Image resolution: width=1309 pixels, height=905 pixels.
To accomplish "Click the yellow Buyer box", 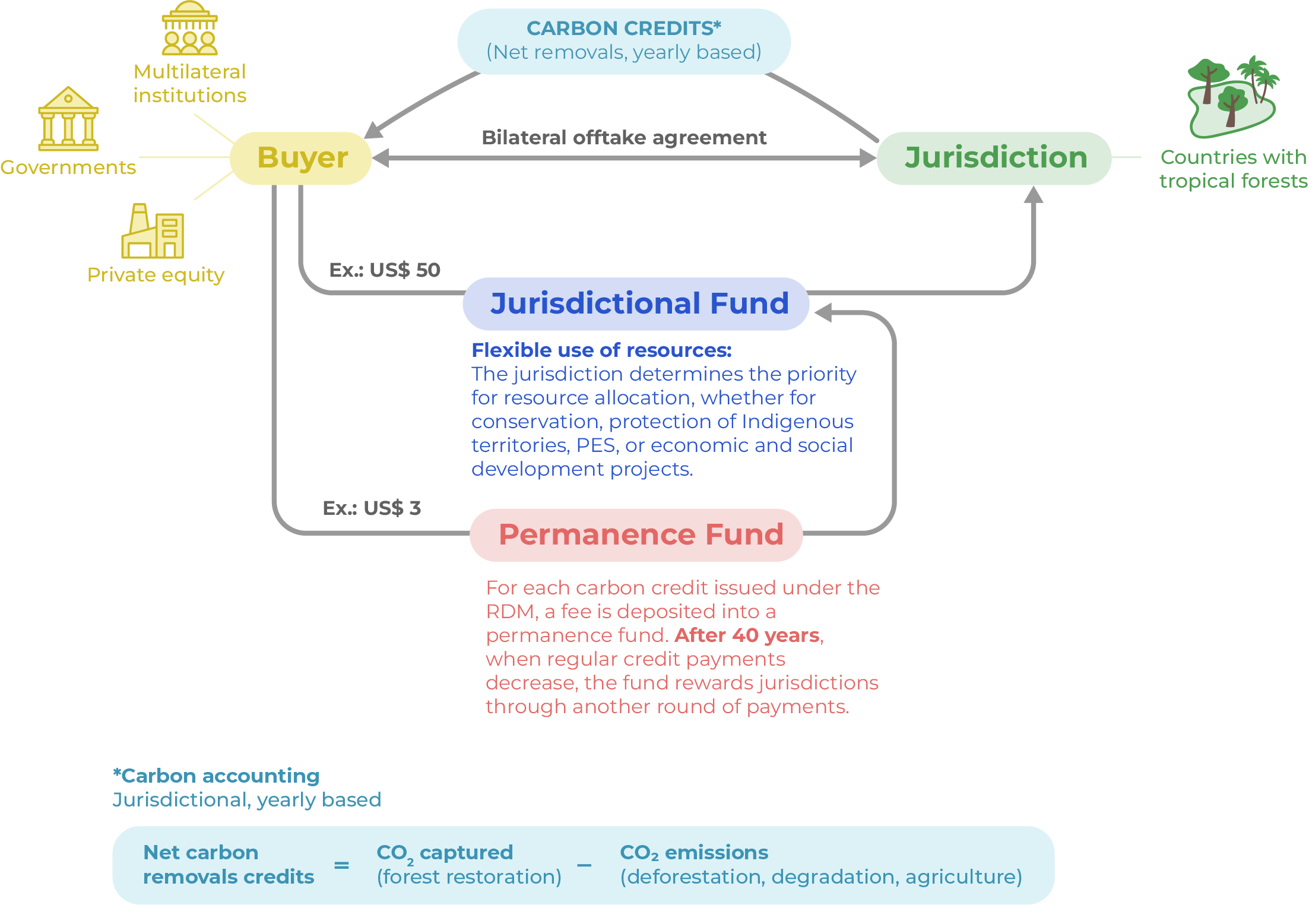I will coord(301,158).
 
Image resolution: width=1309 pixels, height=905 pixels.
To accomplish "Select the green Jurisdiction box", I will coord(994,158).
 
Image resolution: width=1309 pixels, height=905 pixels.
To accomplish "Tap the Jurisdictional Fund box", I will coord(636,303).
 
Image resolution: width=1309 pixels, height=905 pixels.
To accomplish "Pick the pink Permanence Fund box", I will coord(636,534).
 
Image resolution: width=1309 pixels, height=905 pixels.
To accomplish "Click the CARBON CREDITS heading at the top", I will coord(623,29).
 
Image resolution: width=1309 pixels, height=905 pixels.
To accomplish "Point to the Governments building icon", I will coord(68,119).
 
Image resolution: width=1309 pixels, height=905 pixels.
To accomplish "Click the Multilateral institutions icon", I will coord(189,29).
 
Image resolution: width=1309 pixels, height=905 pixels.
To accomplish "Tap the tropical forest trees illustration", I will coord(1232,98).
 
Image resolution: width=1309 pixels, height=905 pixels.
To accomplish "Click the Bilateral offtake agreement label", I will coord(623,138).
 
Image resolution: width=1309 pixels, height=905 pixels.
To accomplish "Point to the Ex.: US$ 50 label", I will coord(385,270).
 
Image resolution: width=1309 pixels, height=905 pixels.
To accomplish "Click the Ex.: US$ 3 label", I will coord(372,508).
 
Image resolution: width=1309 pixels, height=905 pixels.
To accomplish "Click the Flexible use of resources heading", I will coord(601,350).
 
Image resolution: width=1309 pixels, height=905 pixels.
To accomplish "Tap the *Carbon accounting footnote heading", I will coord(216,776).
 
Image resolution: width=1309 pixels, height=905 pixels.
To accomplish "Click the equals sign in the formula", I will coord(341,865).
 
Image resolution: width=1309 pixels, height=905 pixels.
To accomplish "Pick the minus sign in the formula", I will coord(584,865).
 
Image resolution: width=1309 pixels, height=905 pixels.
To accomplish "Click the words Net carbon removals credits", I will coord(229,865).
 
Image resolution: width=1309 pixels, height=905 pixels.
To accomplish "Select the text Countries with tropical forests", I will coord(1233,169).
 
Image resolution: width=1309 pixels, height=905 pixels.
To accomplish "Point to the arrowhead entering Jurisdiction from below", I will coord(1034,194).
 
